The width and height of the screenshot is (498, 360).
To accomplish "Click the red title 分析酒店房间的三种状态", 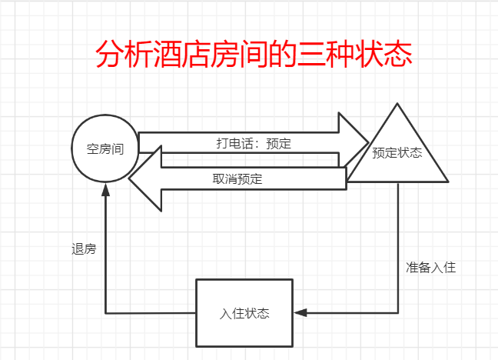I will point(254,55).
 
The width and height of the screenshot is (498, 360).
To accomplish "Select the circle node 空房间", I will point(105,149).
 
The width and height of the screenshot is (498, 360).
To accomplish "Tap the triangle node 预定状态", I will point(397,152).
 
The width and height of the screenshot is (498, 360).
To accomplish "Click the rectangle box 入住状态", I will point(244,313).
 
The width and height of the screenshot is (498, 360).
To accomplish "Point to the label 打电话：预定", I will point(253,143).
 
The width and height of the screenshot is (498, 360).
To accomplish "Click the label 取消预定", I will point(237,179).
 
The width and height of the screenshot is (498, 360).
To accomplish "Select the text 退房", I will point(83,249).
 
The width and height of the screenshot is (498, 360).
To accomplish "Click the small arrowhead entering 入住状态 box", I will point(300,312).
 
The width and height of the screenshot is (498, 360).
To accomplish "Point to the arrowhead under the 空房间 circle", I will point(105,191).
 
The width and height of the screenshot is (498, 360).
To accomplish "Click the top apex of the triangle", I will point(397,103).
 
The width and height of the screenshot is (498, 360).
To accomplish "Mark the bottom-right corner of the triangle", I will point(447,182).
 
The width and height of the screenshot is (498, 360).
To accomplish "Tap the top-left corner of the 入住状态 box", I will point(197,280).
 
